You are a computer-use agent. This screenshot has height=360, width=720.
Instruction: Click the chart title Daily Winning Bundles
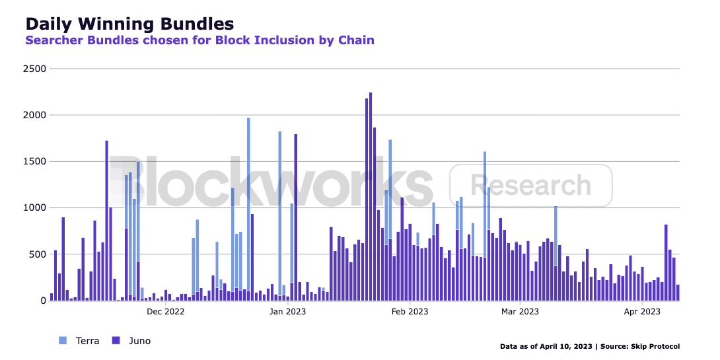(129, 24)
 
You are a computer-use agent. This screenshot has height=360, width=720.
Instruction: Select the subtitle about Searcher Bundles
(199, 40)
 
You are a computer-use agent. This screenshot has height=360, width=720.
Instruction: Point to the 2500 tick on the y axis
(34, 69)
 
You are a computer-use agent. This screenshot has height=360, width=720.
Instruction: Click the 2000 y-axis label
(34, 115)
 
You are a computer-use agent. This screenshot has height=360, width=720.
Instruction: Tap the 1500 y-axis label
(34, 161)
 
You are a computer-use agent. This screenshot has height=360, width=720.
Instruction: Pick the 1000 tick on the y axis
(34, 208)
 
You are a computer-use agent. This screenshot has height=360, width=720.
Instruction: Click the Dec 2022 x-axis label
(165, 311)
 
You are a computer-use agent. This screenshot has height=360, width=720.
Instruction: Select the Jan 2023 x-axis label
(287, 311)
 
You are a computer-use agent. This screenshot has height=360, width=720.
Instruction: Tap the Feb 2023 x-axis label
(410, 311)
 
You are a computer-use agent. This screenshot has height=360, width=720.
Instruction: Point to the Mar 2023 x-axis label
(520, 311)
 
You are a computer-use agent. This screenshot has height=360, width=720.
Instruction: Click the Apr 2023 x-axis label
(642, 311)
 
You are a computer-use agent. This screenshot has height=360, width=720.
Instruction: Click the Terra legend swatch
(63, 341)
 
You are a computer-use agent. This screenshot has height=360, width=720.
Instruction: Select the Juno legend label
(139, 341)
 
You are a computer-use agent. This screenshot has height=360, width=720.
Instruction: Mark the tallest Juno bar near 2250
(371, 198)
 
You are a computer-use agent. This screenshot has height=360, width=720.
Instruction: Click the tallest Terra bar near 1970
(248, 198)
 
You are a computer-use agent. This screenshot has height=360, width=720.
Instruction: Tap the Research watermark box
(530, 186)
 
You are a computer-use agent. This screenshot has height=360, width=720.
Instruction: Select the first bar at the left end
(52, 297)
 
